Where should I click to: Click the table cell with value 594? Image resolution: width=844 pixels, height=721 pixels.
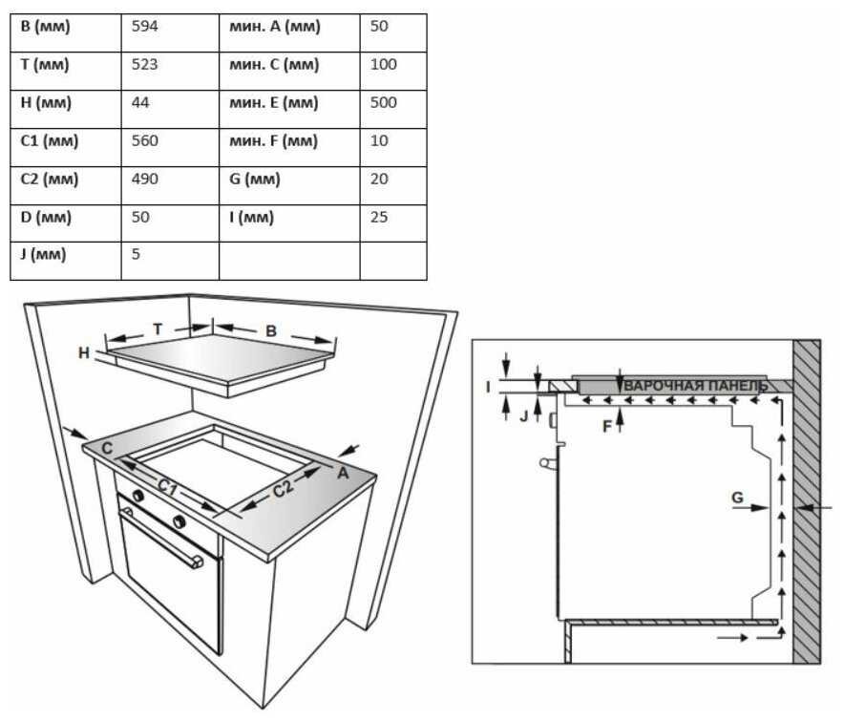point(170,32)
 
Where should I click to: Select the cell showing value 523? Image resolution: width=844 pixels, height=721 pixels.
point(170,71)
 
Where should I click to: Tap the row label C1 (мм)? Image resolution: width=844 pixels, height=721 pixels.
point(50,141)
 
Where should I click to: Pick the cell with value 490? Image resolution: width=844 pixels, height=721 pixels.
point(170,186)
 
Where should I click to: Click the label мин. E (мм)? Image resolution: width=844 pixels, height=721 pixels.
point(274,103)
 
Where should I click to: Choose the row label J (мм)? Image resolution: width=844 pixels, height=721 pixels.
point(43,254)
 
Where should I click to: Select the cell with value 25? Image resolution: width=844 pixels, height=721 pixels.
point(393,223)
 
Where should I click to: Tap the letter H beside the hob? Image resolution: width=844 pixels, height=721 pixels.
point(84,353)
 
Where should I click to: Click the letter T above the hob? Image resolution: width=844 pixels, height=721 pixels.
point(158,329)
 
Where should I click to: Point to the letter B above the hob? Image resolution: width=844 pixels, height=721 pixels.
point(271,330)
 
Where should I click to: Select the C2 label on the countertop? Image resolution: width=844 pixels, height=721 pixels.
point(284,489)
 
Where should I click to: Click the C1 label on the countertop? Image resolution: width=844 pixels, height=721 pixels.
point(168,487)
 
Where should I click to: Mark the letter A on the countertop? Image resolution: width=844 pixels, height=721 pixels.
point(343,474)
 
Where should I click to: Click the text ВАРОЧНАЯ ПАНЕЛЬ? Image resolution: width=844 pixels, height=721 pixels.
point(695,386)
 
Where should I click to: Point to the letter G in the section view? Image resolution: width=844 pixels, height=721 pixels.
point(737,498)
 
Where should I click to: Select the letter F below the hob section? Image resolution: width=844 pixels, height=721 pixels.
point(607,427)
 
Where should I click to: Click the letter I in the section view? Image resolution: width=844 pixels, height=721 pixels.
point(488,387)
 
